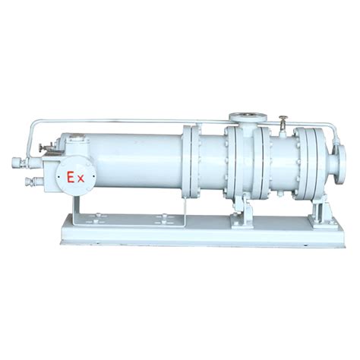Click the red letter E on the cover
coord(70,177)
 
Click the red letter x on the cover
coord(81,179)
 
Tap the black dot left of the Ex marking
coord(58,176)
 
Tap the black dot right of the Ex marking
coord(94,176)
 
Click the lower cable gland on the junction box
coord(33,181)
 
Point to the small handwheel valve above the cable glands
coord(43,147)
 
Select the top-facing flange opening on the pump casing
coord(248,117)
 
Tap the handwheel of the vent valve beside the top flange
coord(283,117)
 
